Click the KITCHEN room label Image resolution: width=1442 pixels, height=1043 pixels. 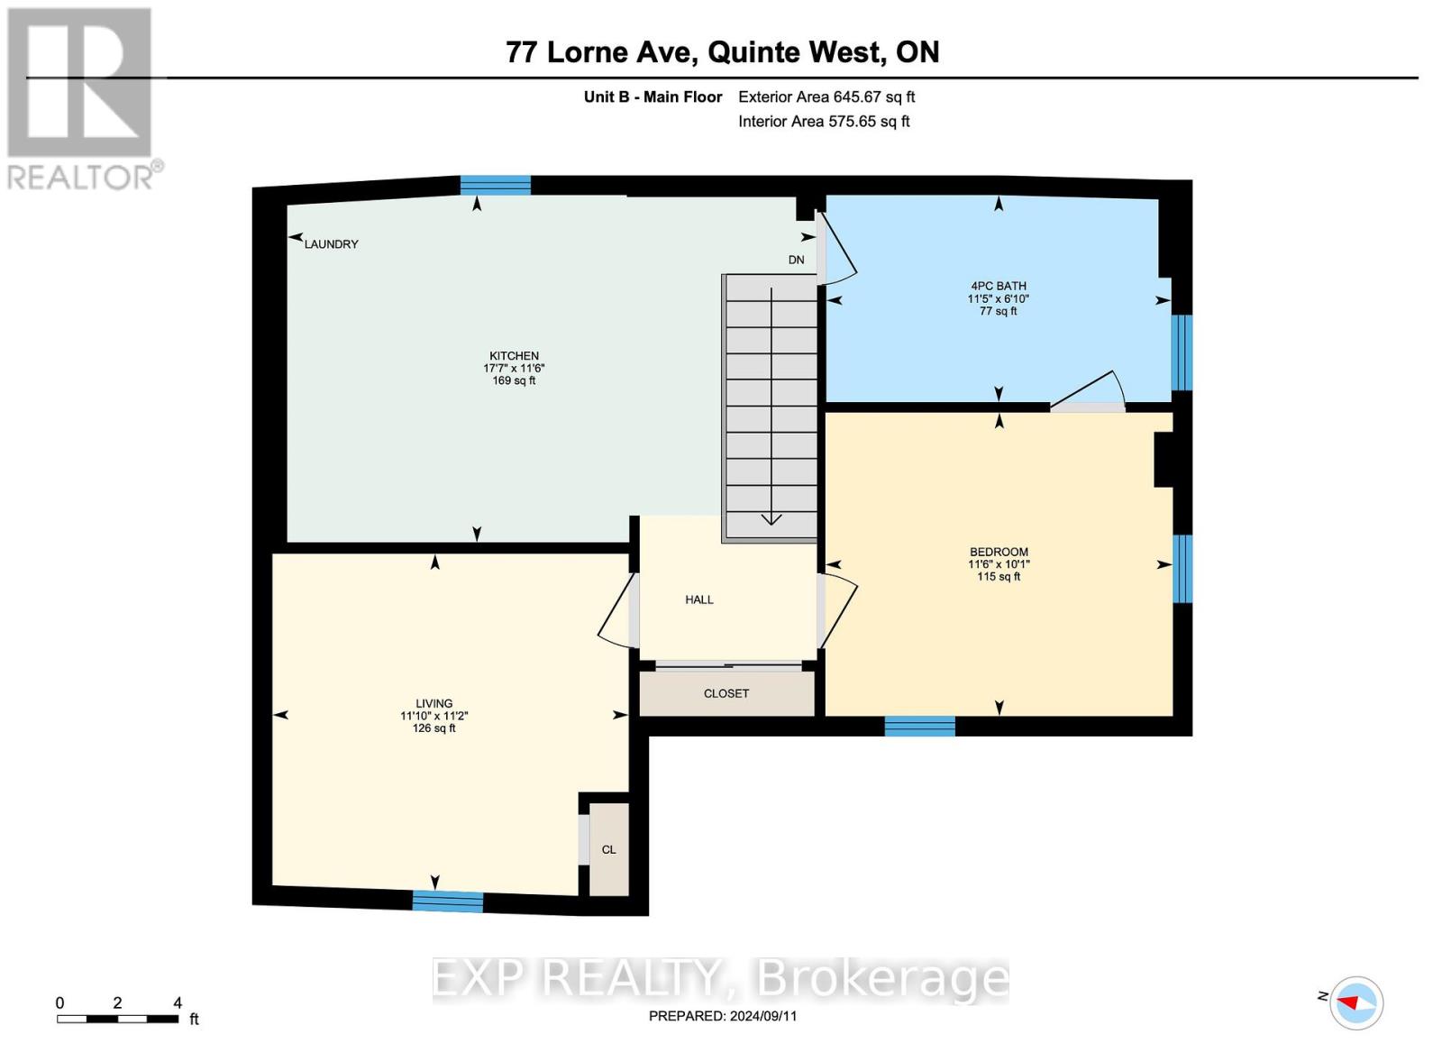[514, 356]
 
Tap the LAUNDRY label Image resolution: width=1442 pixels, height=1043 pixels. [331, 244]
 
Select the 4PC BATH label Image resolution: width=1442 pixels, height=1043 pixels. [998, 286]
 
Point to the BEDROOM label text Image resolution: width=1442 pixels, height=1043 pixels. [999, 552]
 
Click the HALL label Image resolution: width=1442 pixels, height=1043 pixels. [698, 599]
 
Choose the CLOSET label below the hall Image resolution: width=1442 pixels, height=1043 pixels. [726, 693]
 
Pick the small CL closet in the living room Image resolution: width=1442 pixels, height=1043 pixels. [609, 850]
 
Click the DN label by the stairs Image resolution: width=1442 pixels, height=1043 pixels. [796, 260]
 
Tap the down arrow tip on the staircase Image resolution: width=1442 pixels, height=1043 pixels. [771, 520]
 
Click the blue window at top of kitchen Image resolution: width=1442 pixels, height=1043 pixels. [495, 185]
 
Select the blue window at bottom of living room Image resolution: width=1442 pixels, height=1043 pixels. [448, 901]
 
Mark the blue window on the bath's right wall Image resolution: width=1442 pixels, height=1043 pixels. [1182, 352]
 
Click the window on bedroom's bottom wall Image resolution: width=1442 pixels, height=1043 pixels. [919, 727]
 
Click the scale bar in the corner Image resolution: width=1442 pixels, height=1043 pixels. [117, 1019]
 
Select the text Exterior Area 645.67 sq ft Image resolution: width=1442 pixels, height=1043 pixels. [826, 96]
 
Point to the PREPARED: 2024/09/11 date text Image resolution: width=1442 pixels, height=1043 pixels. [723, 1016]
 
